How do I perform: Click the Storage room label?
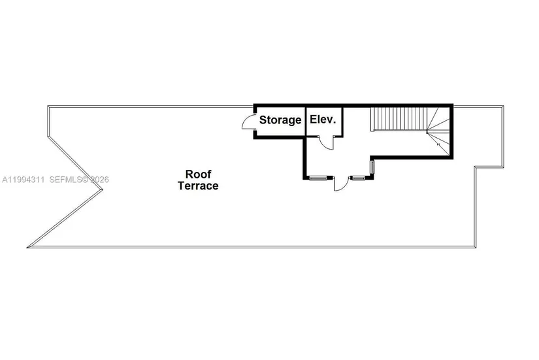(x=280, y=120)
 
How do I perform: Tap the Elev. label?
(x=323, y=120)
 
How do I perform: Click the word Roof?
(x=199, y=174)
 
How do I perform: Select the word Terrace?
(x=198, y=186)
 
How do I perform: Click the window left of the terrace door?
(x=318, y=178)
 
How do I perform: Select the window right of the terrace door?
(x=359, y=178)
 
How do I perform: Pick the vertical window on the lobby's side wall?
(x=372, y=167)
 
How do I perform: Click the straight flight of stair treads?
(x=399, y=119)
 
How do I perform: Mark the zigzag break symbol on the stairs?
(x=438, y=144)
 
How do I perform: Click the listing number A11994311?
(x=24, y=180)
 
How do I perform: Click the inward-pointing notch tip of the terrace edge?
(x=103, y=189)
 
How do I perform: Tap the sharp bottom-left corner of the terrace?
(x=28, y=247)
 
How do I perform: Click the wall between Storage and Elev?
(x=306, y=122)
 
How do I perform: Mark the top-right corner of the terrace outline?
(x=503, y=106)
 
